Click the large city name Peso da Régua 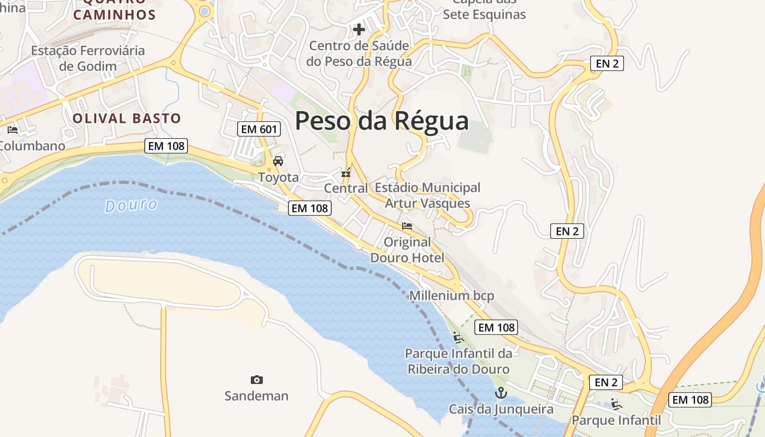381,121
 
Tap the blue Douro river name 131,205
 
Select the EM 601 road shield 260,129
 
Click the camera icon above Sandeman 256,380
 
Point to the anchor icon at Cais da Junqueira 501,393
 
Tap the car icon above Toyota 278,161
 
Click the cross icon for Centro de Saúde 359,29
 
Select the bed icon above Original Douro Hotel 407,226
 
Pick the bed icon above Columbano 13,130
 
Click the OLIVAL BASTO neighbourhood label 127,118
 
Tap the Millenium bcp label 451,296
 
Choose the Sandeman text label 256,395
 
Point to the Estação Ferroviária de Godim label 88,58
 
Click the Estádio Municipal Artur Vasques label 427,196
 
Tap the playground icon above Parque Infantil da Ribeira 458,338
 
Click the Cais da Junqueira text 501,409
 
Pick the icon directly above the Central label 346,173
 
